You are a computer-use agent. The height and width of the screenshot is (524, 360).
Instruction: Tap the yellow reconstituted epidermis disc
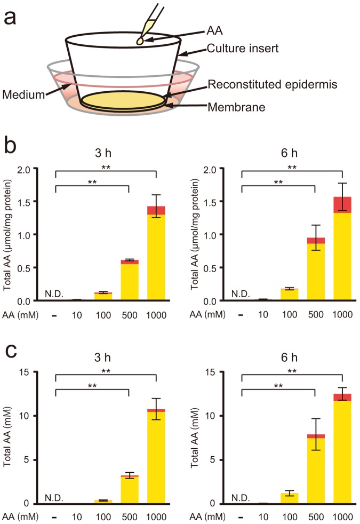pos(123,100)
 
